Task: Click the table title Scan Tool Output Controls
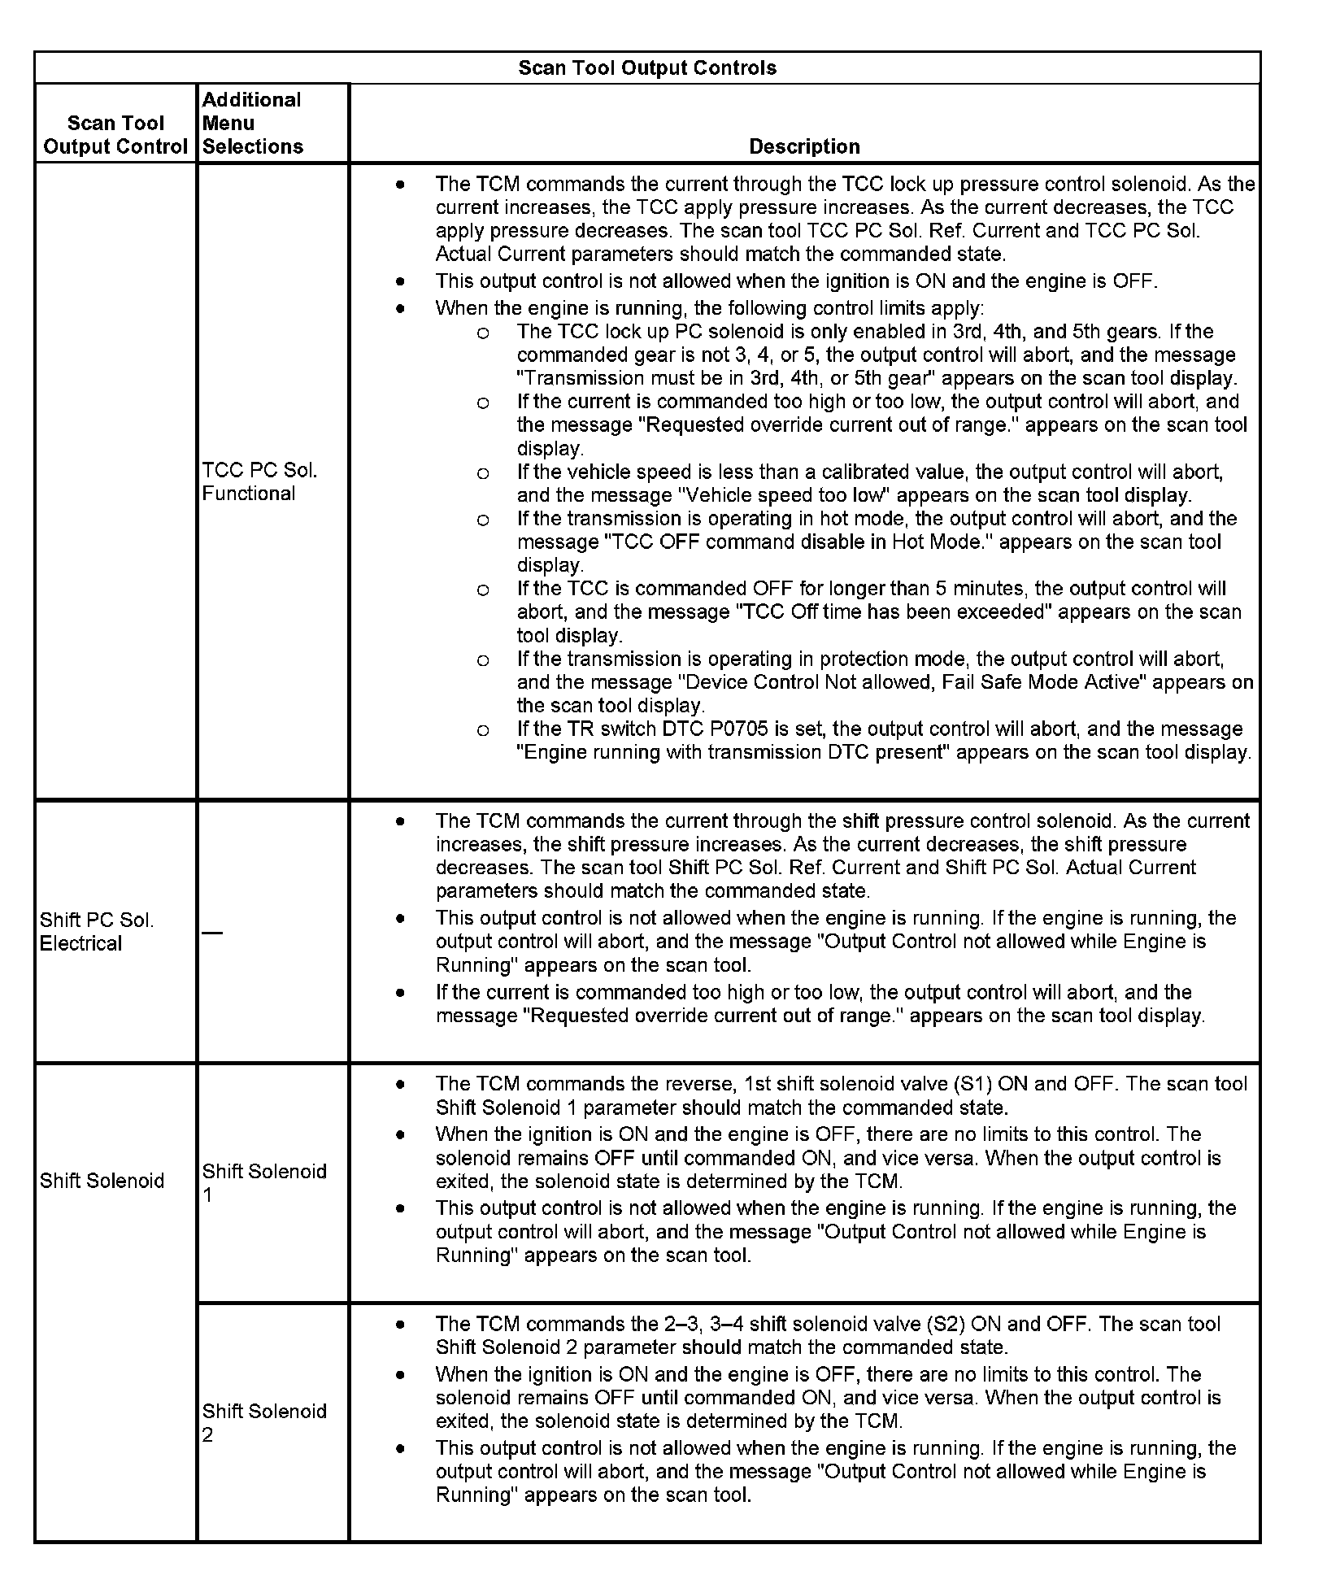pos(647,67)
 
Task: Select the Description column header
pos(804,146)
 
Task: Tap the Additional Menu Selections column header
pos(252,123)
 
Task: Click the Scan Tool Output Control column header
pos(115,135)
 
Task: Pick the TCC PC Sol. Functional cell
pos(259,481)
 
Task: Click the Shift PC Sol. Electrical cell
pos(96,932)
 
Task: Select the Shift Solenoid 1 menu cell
pos(264,1182)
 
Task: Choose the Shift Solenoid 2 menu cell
pos(264,1422)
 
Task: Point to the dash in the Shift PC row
pos(212,932)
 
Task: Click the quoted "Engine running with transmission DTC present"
pos(733,752)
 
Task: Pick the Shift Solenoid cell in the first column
pos(102,1181)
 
